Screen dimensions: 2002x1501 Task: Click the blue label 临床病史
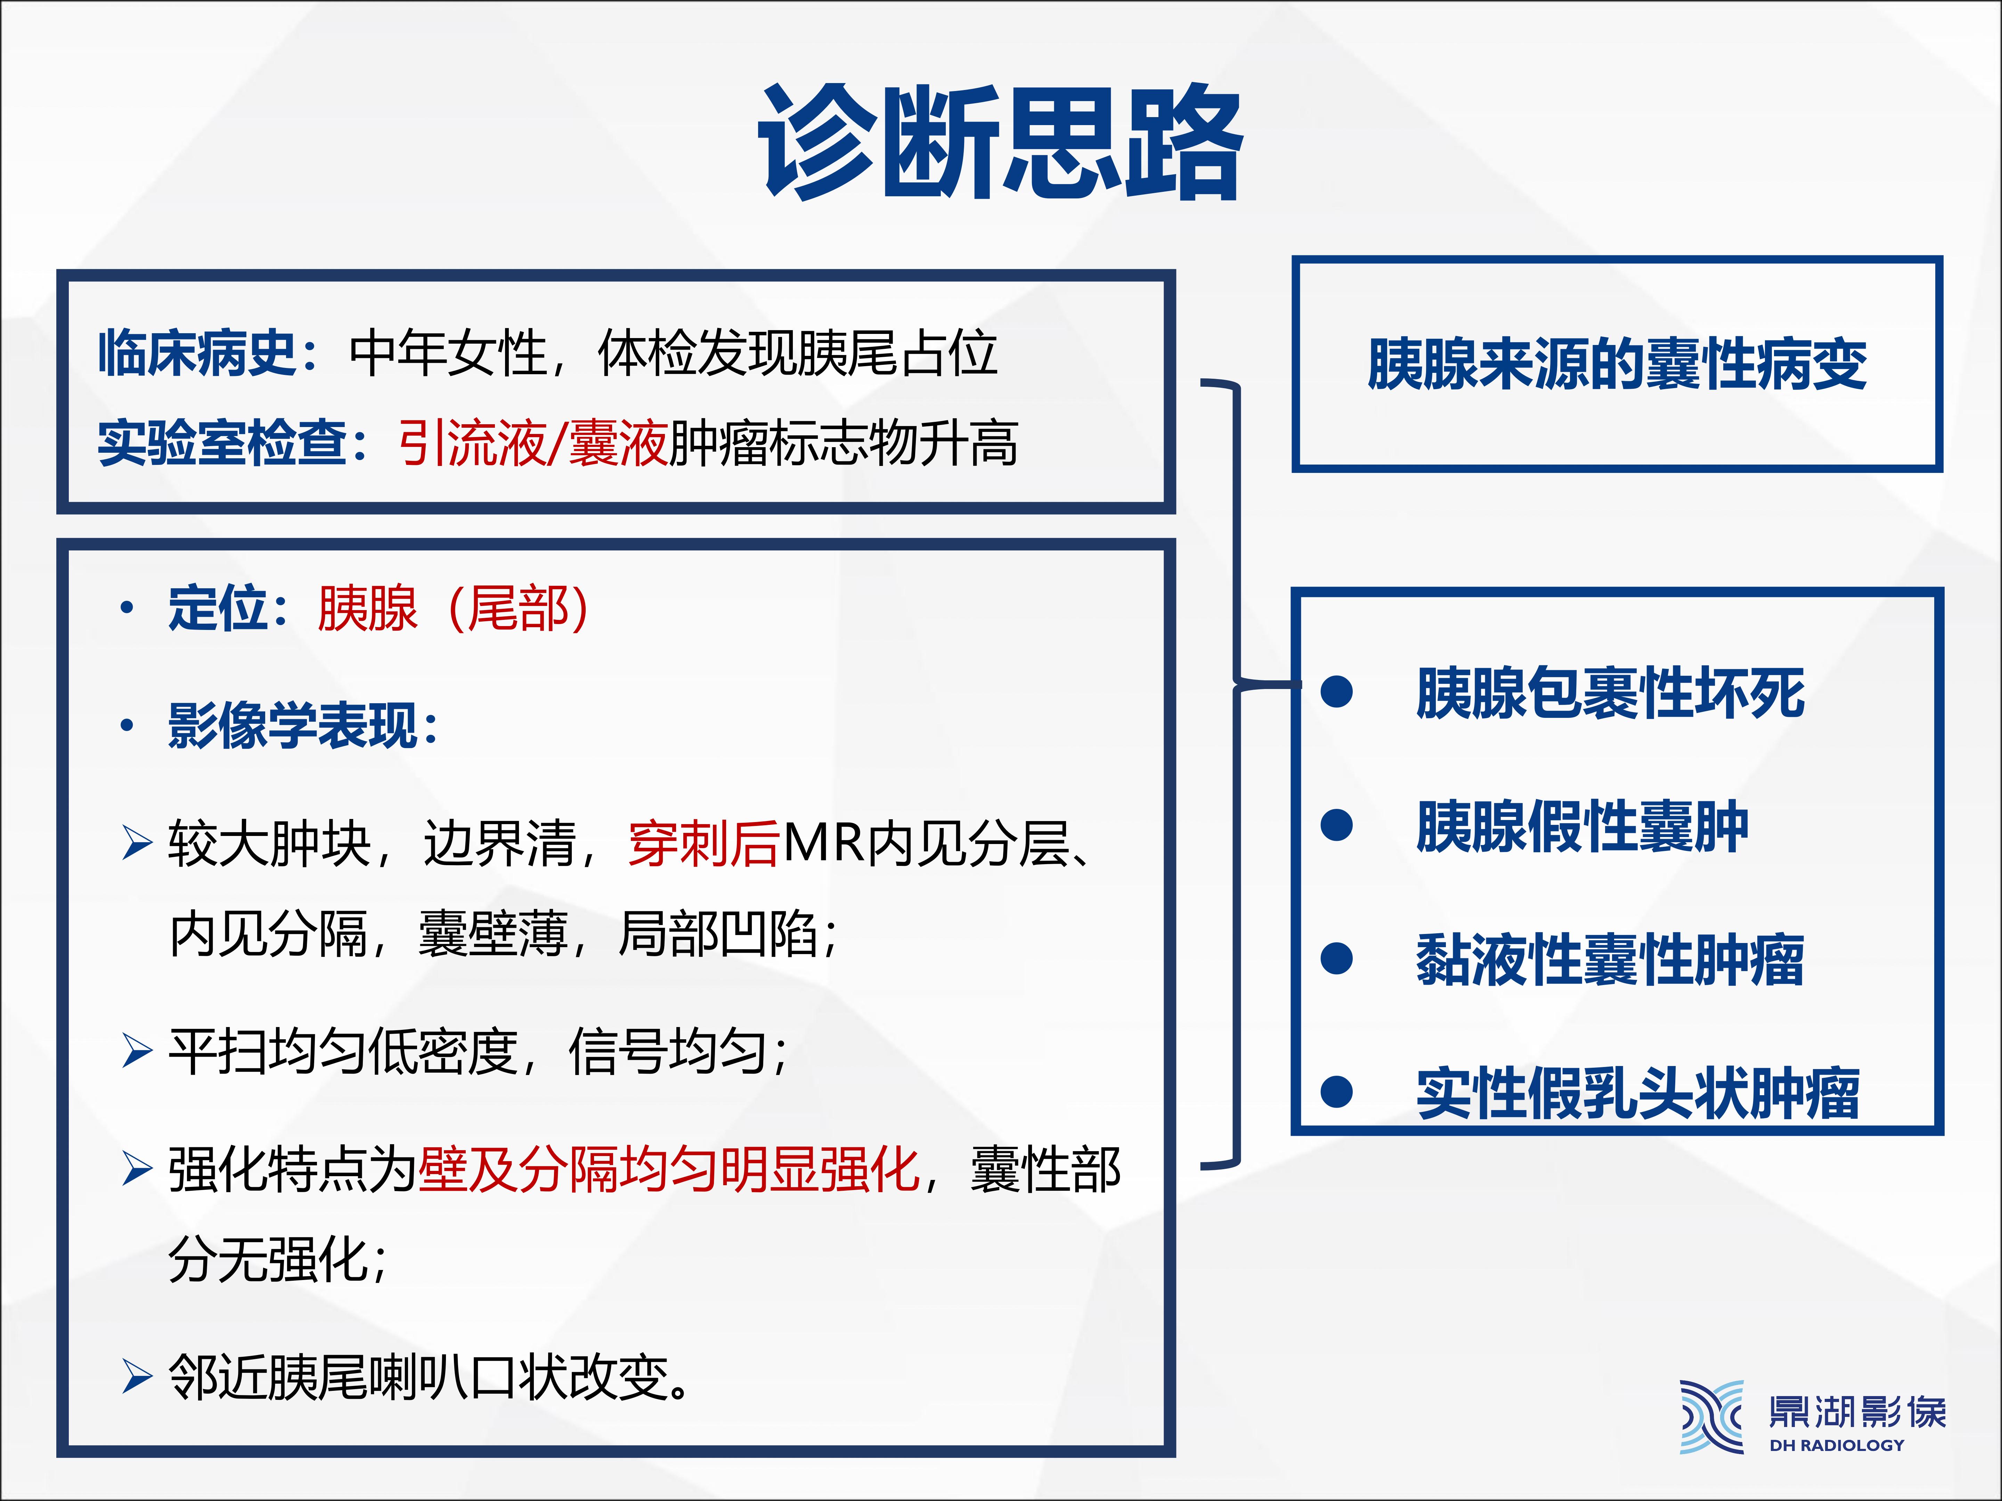coord(197,353)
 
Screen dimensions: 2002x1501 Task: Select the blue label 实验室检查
coord(222,443)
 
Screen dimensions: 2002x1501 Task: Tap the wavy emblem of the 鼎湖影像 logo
coord(1711,1417)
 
